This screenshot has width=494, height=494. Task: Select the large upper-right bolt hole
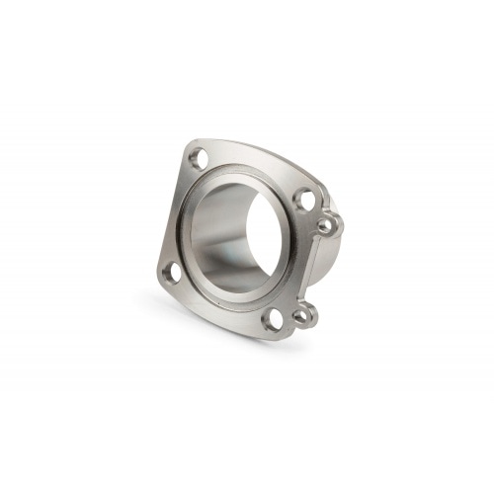tap(304, 202)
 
